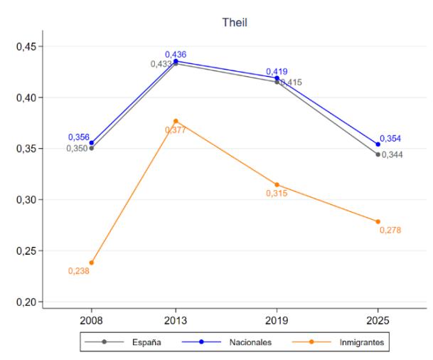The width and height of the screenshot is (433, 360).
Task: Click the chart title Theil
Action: [x=235, y=22]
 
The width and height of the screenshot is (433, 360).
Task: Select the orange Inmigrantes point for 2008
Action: [x=92, y=263]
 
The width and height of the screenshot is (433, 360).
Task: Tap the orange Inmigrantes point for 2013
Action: [x=176, y=121]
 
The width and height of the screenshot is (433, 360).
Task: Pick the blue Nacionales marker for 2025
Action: [x=378, y=144]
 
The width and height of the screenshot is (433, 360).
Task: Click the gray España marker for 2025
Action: [x=378, y=154]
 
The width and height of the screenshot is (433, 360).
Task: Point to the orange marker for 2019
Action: [x=277, y=184]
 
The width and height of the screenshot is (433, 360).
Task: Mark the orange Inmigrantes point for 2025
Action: [x=378, y=221]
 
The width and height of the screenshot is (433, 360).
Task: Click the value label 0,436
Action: [x=176, y=55]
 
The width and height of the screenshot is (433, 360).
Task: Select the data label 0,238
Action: [x=79, y=271]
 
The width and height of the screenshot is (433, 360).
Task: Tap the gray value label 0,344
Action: [x=392, y=154]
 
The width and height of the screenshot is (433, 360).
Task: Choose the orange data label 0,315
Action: [x=277, y=193]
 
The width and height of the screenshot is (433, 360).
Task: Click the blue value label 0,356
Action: [x=79, y=137]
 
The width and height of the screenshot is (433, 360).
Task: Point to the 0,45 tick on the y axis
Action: [x=26, y=46]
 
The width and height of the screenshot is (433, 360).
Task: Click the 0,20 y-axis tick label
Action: [x=26, y=302]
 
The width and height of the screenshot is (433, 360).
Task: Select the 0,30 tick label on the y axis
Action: [x=26, y=200]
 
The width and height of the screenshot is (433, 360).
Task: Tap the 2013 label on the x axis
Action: [x=176, y=321]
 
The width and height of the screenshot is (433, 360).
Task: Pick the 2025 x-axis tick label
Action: [x=378, y=321]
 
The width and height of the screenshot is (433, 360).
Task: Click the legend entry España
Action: [x=146, y=342]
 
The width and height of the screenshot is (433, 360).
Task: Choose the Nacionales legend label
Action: [x=250, y=342]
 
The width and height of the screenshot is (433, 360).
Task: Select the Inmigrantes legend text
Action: [x=362, y=343]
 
